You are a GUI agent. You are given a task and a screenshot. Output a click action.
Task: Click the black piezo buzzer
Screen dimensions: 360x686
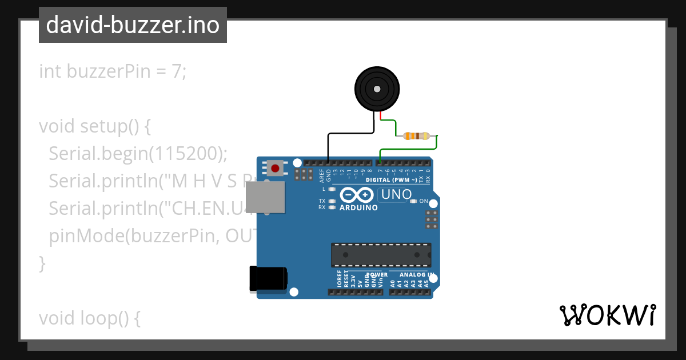(376, 89)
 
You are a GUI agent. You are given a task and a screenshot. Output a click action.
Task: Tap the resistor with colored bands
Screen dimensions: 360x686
(416, 136)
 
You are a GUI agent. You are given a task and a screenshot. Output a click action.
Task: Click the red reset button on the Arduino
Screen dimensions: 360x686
(276, 168)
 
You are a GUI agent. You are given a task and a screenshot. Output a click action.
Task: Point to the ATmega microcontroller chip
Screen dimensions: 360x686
(381, 255)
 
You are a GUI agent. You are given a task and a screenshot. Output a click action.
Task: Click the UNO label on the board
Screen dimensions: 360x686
(396, 195)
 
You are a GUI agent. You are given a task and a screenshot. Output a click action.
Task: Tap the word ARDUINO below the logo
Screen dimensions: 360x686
(358, 208)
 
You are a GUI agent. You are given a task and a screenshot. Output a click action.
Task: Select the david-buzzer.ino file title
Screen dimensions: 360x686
(133, 25)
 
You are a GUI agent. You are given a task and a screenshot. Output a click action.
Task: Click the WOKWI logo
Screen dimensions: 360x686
(607, 315)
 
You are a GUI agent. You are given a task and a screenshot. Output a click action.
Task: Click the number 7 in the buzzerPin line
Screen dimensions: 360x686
(177, 71)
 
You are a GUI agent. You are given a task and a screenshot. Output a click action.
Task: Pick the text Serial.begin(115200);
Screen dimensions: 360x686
(138, 153)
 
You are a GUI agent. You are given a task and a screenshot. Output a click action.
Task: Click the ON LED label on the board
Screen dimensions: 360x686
(424, 201)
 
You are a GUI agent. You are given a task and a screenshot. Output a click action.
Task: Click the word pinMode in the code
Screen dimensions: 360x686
(80, 235)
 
